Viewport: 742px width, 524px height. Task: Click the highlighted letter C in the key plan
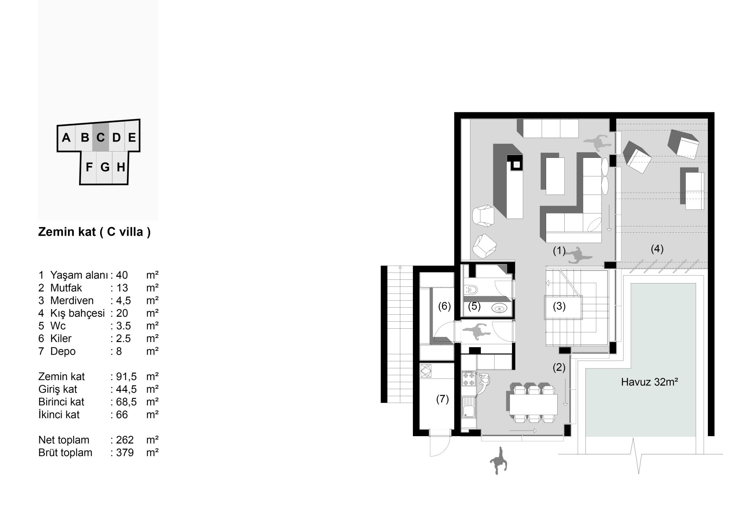pyautogui.click(x=100, y=137)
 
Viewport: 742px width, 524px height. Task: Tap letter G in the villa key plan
pyautogui.click(x=105, y=167)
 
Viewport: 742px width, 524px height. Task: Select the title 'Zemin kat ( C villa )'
pyautogui.click(x=94, y=232)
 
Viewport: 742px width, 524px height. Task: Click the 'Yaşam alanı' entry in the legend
pyautogui.click(x=79, y=275)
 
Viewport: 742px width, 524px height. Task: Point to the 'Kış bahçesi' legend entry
pyautogui.click(x=78, y=313)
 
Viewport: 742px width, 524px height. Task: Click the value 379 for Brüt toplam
pyautogui.click(x=125, y=452)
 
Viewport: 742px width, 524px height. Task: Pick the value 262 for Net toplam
pyautogui.click(x=125, y=440)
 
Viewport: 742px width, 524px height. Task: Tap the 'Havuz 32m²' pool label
pyautogui.click(x=650, y=382)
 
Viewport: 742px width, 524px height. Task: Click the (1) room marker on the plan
pyautogui.click(x=559, y=251)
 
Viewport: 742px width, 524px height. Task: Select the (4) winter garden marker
pyautogui.click(x=657, y=249)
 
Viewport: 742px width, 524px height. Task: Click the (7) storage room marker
pyautogui.click(x=442, y=399)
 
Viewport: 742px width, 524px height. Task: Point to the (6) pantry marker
pyautogui.click(x=444, y=306)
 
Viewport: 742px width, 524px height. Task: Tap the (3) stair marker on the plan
pyautogui.click(x=559, y=306)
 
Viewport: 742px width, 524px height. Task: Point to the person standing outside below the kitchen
pyautogui.click(x=498, y=461)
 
